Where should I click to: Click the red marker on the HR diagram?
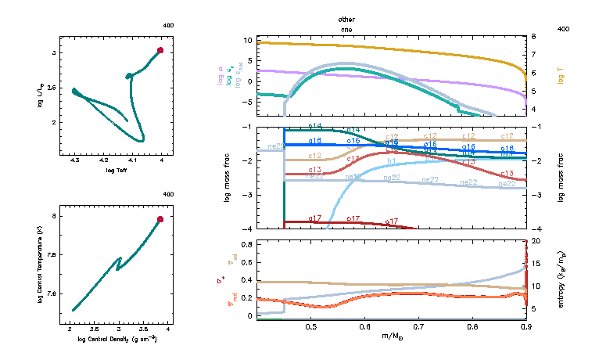click(160, 50)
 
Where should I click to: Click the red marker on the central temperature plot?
click(160, 219)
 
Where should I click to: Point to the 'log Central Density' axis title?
click(117, 339)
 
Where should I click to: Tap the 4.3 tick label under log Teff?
click(75, 160)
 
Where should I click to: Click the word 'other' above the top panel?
click(346, 18)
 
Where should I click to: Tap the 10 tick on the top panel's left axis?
click(249, 40)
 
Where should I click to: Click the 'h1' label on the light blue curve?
click(391, 162)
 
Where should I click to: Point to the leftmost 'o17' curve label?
click(315, 218)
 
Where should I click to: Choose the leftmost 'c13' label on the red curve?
click(315, 169)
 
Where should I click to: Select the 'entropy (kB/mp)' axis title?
click(561, 280)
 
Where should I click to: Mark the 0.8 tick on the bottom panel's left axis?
click(247, 245)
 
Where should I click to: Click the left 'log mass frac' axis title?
click(228, 178)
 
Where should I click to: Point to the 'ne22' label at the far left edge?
click(275, 146)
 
